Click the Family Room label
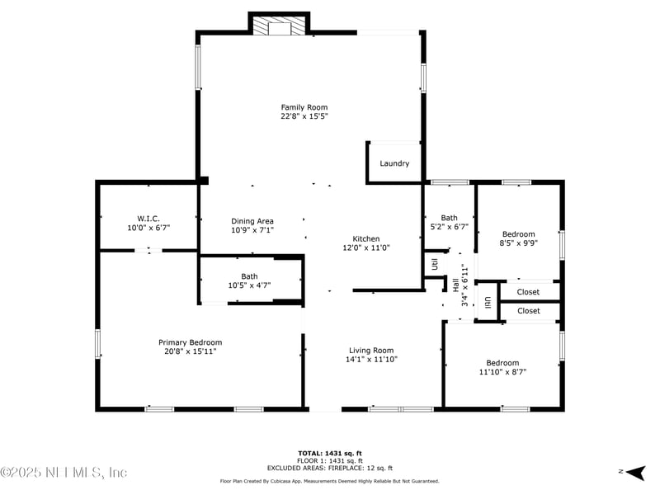click(x=304, y=107)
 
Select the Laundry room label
click(x=394, y=163)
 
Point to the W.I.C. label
click(x=136, y=218)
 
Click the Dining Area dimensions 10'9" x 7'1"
click(x=252, y=230)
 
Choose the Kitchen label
click(x=365, y=238)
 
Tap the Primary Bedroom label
click(x=190, y=342)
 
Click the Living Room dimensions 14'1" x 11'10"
click(x=370, y=359)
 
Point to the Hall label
click(x=455, y=285)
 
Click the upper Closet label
click(x=528, y=292)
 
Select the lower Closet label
click(x=528, y=311)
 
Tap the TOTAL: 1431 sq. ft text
click(x=330, y=453)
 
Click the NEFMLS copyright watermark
click(x=64, y=473)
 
